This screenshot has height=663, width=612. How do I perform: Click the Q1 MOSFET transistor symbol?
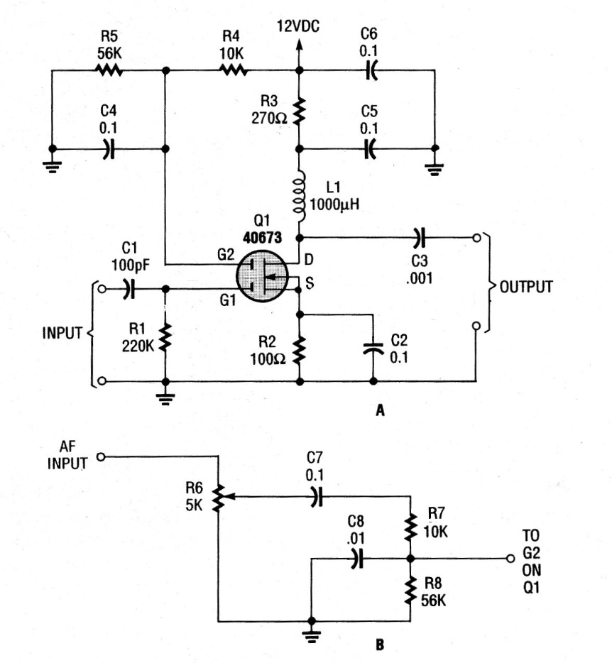pos(265,275)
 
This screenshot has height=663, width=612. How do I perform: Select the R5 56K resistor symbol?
pos(108,70)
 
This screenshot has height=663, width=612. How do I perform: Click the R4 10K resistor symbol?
pos(234,70)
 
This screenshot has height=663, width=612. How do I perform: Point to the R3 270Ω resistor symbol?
pos(299,110)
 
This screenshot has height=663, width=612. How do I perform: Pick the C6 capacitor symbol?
pos(371,70)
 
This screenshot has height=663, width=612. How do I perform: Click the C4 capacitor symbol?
pos(108,149)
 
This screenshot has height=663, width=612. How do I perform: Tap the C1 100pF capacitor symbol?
pos(129,289)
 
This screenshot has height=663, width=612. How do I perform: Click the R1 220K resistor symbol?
pos(165,336)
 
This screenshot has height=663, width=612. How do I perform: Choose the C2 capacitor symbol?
pos(371,349)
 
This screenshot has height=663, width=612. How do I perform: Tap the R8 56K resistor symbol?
pos(410,589)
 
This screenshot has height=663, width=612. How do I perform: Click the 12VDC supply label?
pos(298,27)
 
